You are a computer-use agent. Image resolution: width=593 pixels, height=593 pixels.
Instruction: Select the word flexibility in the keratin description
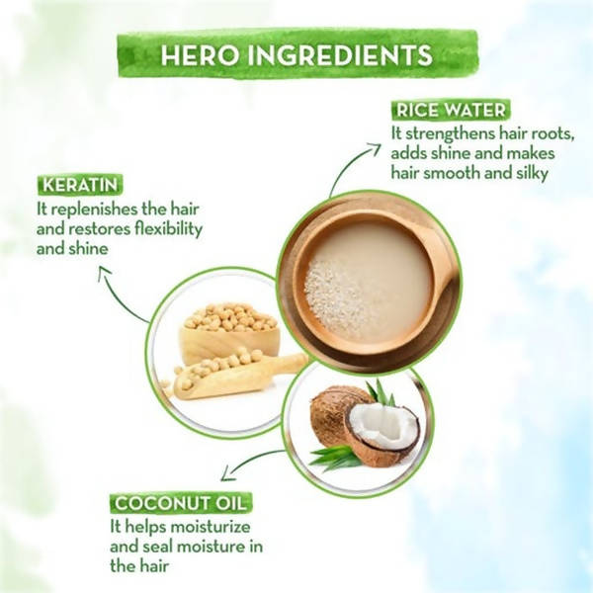164,229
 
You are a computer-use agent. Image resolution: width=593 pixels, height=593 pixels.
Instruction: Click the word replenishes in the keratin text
103,210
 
